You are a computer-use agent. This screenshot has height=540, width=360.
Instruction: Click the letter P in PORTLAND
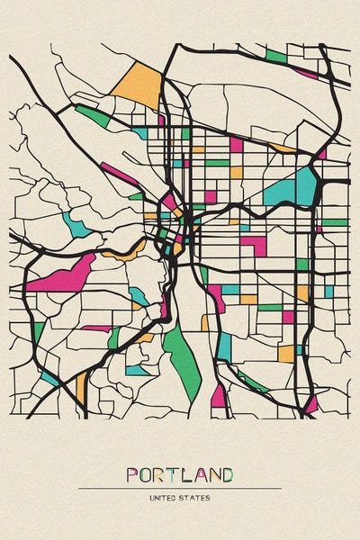(x=132, y=474)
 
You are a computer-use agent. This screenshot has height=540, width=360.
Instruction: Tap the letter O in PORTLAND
(x=147, y=474)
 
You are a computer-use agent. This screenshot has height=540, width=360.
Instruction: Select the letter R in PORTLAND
(x=161, y=474)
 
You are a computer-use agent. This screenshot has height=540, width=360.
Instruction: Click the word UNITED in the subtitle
(x=164, y=497)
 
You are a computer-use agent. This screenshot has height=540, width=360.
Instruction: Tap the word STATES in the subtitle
(x=196, y=497)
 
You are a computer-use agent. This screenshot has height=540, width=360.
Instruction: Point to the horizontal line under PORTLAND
(x=180, y=489)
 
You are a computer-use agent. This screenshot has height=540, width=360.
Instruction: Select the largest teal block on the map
(x=292, y=188)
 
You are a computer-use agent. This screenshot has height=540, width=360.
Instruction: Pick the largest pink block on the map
(x=63, y=274)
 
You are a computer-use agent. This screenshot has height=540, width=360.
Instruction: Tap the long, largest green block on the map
(x=184, y=360)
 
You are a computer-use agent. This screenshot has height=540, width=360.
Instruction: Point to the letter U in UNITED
(x=151, y=497)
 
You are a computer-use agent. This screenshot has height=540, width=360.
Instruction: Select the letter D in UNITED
(x=175, y=497)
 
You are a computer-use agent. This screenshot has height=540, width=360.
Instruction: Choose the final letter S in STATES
(x=210, y=497)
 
